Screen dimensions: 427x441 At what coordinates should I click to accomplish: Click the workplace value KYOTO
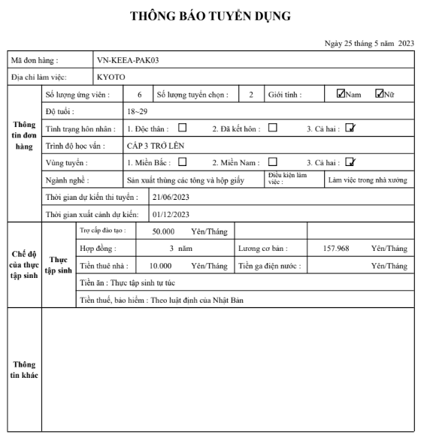pos(111,76)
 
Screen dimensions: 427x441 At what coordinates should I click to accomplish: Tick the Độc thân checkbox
pos(181,127)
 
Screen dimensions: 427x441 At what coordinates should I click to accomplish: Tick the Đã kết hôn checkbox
pos(273,127)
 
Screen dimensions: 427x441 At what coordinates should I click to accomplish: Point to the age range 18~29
pos(138,110)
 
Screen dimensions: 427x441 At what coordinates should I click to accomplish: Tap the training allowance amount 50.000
pos(163,231)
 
